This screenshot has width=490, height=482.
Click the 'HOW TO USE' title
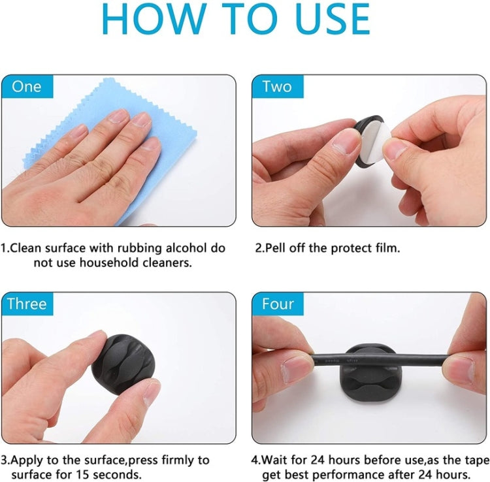pyautogui.click(x=245, y=22)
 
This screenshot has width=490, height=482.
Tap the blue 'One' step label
pyautogui.click(x=26, y=87)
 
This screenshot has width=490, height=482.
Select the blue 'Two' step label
pyautogui.click(x=277, y=87)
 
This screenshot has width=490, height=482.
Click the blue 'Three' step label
pyautogui.click(x=27, y=304)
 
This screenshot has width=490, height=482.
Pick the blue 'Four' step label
pyautogui.click(x=278, y=304)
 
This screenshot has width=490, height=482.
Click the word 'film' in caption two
pyautogui.click(x=386, y=248)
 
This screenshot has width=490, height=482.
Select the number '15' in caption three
pyautogui.click(x=92, y=474)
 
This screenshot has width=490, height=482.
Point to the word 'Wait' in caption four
pyautogui.click(x=274, y=460)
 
